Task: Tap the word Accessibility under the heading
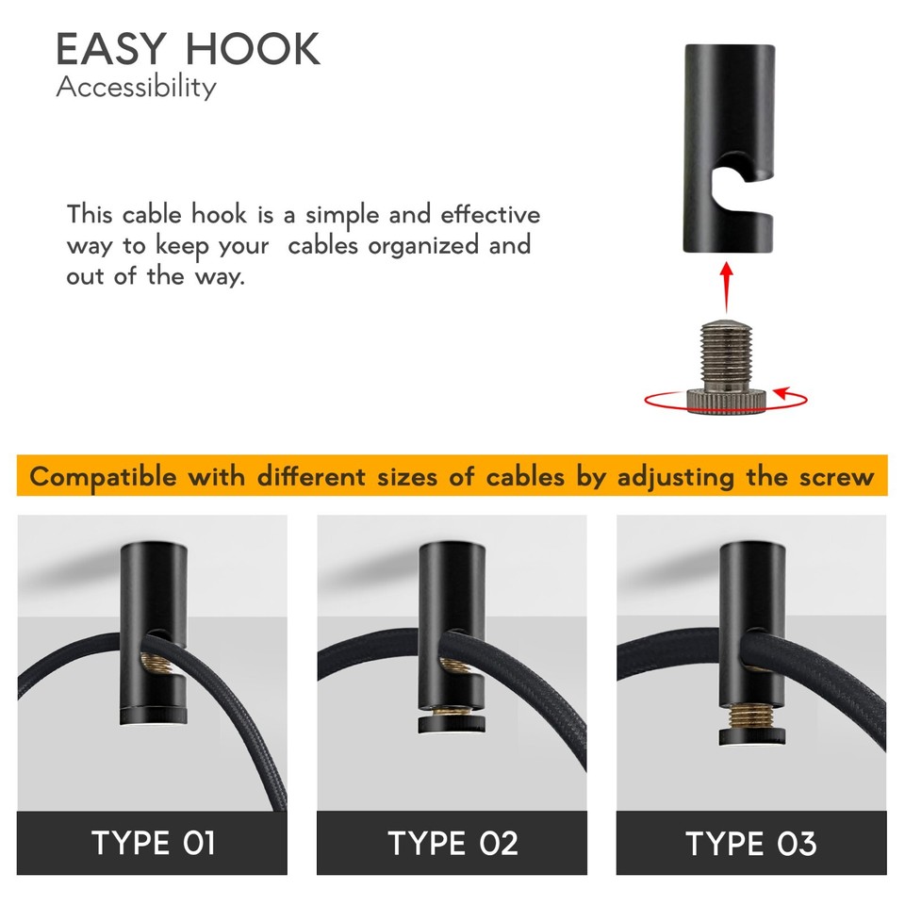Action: click(136, 88)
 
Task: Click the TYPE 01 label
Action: click(153, 842)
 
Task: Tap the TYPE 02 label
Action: click(452, 842)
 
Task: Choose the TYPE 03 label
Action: click(750, 842)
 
